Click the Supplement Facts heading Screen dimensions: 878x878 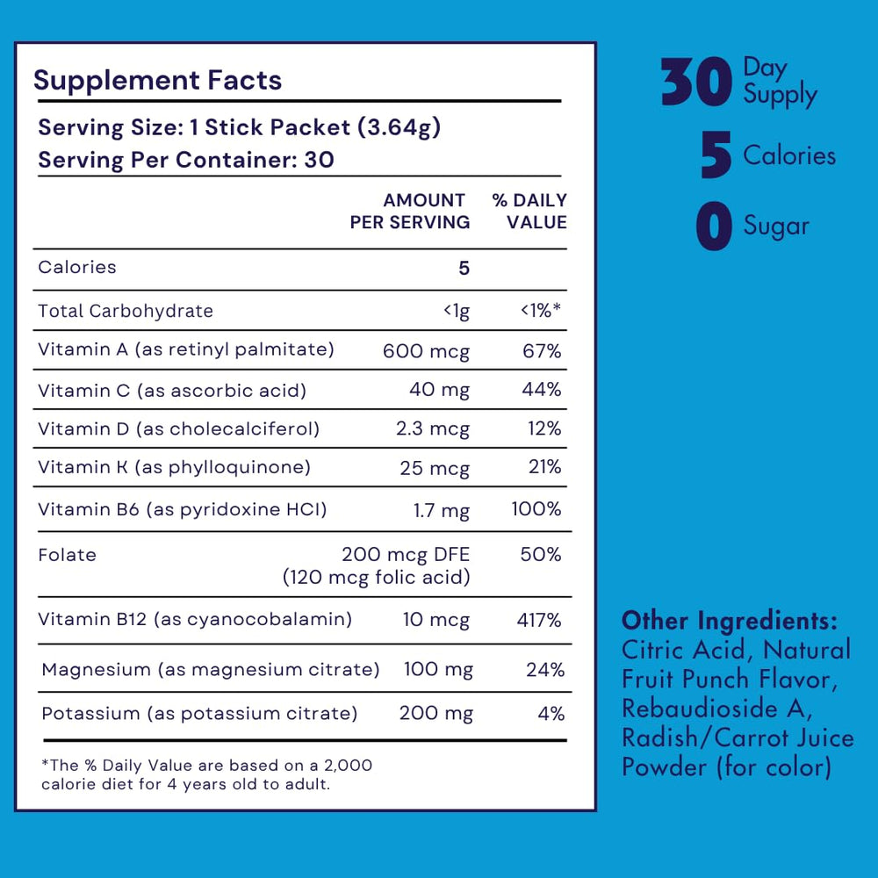[x=157, y=81]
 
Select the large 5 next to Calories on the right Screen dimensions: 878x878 [x=716, y=156]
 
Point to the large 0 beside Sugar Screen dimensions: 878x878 [x=714, y=227]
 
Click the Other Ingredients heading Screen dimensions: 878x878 [x=729, y=621]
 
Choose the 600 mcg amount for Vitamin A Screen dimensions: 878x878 [x=426, y=351]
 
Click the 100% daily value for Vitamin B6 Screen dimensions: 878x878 [x=536, y=509]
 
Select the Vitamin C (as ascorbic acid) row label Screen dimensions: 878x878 [x=172, y=390]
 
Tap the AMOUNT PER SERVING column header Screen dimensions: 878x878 [x=410, y=212]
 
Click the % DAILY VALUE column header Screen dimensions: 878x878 [x=530, y=212]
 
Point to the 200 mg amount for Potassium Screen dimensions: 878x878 [x=435, y=714]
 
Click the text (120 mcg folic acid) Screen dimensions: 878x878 [x=376, y=578]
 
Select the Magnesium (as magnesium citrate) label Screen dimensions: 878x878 [x=211, y=670]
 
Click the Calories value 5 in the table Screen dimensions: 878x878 [x=464, y=268]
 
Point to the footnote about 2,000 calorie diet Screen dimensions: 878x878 [x=207, y=774]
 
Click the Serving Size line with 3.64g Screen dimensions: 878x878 [x=239, y=127]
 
